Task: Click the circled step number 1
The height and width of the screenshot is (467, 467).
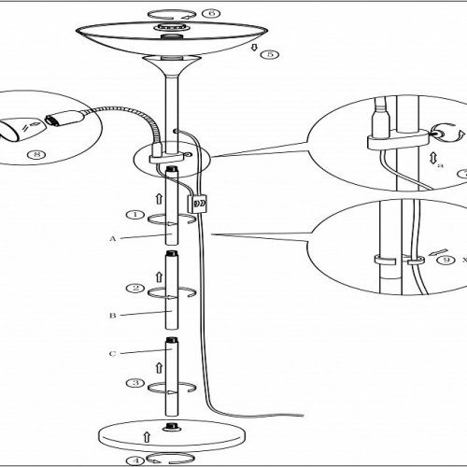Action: click(135, 215)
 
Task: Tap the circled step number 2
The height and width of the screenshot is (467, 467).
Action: click(135, 288)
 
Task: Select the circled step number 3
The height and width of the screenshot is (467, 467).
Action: click(135, 383)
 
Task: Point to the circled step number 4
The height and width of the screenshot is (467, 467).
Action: click(135, 460)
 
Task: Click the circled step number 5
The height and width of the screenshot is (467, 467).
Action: click(270, 54)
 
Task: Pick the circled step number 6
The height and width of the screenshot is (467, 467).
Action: click(211, 13)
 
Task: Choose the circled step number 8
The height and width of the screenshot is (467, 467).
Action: click(36, 154)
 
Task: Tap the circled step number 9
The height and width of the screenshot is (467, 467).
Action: click(446, 260)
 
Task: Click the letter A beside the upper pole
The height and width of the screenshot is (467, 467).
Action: click(113, 239)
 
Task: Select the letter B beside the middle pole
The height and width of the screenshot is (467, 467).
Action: click(112, 316)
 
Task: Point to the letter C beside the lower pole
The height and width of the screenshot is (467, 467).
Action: click(112, 354)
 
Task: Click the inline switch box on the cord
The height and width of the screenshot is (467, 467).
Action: click(197, 204)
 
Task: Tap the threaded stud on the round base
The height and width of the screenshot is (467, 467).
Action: click(170, 427)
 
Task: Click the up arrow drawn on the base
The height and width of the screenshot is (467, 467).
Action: click(147, 437)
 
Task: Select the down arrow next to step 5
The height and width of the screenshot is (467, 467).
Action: click(254, 48)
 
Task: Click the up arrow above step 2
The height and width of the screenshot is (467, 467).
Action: click(159, 276)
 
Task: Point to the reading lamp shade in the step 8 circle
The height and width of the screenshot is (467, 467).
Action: click(21, 131)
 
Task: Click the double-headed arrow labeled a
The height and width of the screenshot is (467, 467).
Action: click(432, 158)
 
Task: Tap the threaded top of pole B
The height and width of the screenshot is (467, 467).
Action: click(171, 253)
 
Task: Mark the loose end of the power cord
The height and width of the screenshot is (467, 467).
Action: click(303, 415)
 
